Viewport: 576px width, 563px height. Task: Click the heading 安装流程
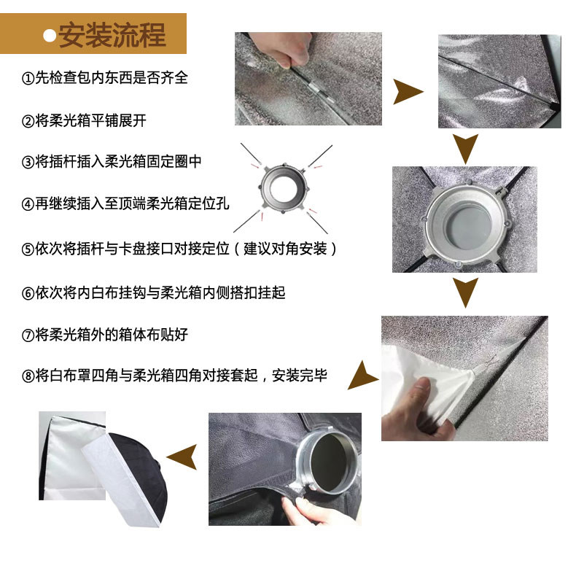pos(112,35)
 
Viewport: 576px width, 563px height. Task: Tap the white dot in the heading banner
pos(50,36)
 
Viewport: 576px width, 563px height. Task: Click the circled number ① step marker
pos(28,78)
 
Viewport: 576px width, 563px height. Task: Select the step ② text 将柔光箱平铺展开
pos(90,120)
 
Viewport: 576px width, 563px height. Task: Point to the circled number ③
pos(28,162)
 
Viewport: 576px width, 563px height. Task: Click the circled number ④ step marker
pos(28,204)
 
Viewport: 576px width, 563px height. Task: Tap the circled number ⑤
pos(28,249)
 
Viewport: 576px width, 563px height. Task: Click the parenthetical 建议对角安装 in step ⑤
pos(285,249)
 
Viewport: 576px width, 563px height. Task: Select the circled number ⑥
pos(28,293)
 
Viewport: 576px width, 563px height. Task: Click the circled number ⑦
pos(28,335)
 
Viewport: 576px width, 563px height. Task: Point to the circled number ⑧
pos(28,376)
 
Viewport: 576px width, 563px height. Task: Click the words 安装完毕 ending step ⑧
pos(300,376)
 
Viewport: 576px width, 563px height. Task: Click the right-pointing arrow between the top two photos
pos(408,91)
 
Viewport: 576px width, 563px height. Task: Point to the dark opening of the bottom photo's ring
pos(330,463)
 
